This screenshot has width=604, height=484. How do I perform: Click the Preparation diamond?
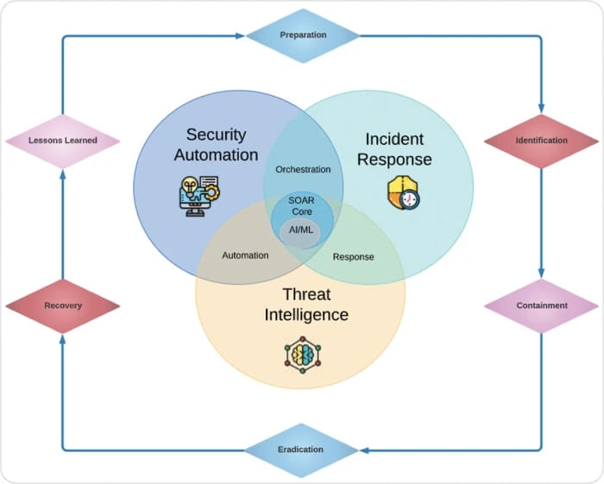click(303, 35)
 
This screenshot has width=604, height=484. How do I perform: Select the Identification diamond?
click(541, 140)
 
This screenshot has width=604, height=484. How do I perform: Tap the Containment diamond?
click(541, 305)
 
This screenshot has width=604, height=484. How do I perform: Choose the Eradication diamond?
click(301, 449)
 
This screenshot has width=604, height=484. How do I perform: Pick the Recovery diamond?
click(62, 305)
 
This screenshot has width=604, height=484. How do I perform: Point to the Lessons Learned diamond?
click(62, 140)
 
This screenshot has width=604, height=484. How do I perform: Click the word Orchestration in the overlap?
click(303, 169)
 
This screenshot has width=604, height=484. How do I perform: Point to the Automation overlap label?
click(245, 255)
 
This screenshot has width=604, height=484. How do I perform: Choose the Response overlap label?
click(353, 256)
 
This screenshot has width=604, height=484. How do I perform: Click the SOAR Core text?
click(302, 206)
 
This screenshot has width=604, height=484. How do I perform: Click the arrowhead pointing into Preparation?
click(241, 35)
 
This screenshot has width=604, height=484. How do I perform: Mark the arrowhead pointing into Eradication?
click(363, 449)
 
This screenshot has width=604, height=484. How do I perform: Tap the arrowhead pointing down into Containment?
click(541, 273)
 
